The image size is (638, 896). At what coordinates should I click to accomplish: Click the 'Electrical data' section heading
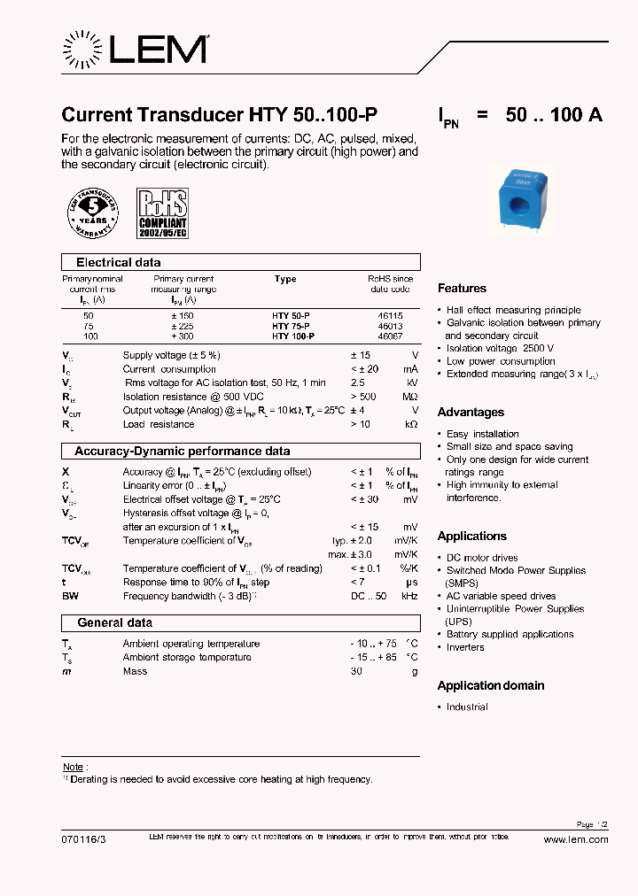pyautogui.click(x=118, y=263)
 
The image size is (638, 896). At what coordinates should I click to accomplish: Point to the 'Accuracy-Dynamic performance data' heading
pyautogui.click(x=182, y=451)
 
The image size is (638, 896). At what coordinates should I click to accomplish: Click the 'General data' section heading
pyautogui.click(x=114, y=622)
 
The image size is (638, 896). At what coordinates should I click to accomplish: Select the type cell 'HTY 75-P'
pyautogui.click(x=292, y=326)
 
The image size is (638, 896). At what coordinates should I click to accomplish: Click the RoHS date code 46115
pyautogui.click(x=389, y=315)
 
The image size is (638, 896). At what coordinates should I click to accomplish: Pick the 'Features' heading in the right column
pyautogui.click(x=462, y=289)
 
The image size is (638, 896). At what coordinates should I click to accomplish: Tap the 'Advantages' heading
pyautogui.click(x=471, y=413)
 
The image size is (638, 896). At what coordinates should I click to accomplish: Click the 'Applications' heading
pyautogui.click(x=471, y=537)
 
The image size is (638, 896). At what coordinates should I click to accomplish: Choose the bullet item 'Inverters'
pyautogui.click(x=465, y=647)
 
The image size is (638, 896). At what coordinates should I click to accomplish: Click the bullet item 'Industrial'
pyautogui.click(x=467, y=707)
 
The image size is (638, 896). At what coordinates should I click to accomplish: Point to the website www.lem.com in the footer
pyautogui.click(x=575, y=839)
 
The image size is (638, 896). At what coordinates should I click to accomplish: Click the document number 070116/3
pyautogui.click(x=82, y=839)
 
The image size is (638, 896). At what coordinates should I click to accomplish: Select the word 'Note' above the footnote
pyautogui.click(x=73, y=767)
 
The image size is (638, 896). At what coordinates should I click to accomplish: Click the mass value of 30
pyautogui.click(x=356, y=671)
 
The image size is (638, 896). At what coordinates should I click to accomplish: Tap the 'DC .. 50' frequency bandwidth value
pyautogui.click(x=368, y=597)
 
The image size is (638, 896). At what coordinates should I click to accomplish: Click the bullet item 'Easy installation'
pyautogui.click(x=483, y=434)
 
